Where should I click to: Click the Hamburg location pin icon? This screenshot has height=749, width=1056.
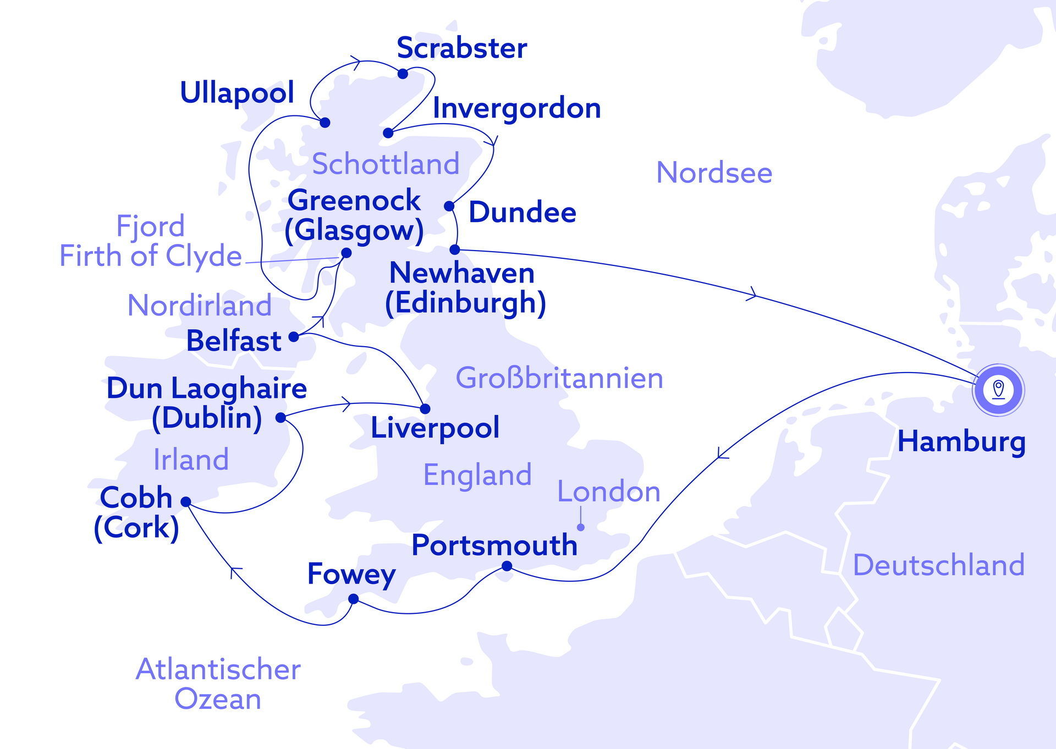pyautogui.click(x=998, y=390)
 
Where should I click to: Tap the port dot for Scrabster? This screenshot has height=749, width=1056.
pyautogui.click(x=403, y=74)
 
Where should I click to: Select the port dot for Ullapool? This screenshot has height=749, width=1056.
pyautogui.click(x=325, y=123)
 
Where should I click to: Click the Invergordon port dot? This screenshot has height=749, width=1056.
pyautogui.click(x=388, y=133)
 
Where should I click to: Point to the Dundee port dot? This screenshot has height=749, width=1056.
pyautogui.click(x=449, y=206)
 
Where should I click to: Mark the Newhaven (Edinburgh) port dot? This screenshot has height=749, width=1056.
pyautogui.click(x=455, y=249)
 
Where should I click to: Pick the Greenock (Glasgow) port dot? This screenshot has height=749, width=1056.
pyautogui.click(x=346, y=253)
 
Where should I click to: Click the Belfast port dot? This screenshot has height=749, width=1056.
pyautogui.click(x=294, y=337)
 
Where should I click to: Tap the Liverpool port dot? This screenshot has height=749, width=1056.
pyautogui.click(x=425, y=409)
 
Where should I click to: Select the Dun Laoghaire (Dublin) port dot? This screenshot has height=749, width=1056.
pyautogui.click(x=280, y=418)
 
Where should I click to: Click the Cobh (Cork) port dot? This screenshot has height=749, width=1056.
pyautogui.click(x=186, y=502)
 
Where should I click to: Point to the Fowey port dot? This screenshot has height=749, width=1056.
pyautogui.click(x=354, y=599)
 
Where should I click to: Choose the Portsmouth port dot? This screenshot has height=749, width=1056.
pyautogui.click(x=507, y=566)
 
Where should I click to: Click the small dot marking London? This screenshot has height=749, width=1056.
pyautogui.click(x=580, y=528)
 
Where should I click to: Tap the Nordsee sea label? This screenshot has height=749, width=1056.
pyautogui.click(x=714, y=173)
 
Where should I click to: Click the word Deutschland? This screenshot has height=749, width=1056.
pyautogui.click(x=938, y=565)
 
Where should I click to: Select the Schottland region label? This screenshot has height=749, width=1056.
pyautogui.click(x=386, y=164)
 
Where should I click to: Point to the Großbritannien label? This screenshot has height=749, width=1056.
pyautogui.click(x=559, y=378)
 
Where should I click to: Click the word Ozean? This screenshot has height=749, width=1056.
pyautogui.click(x=218, y=699)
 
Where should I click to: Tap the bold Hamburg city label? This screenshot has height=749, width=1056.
pyautogui.click(x=961, y=441)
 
